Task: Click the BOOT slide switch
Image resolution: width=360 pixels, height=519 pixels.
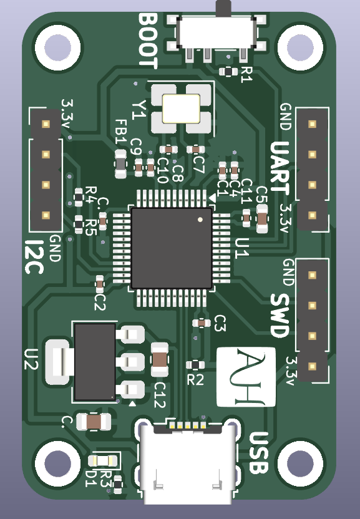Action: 216,32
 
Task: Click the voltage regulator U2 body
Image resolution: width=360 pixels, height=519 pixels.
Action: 95,361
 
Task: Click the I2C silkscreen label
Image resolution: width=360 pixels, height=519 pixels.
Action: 36,256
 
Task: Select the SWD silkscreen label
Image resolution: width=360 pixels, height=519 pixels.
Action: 280,316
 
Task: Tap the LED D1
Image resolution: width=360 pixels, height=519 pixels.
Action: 103,461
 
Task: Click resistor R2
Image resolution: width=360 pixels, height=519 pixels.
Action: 196,365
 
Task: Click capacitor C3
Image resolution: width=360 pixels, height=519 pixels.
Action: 202,323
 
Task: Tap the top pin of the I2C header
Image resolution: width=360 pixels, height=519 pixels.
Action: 45,124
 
